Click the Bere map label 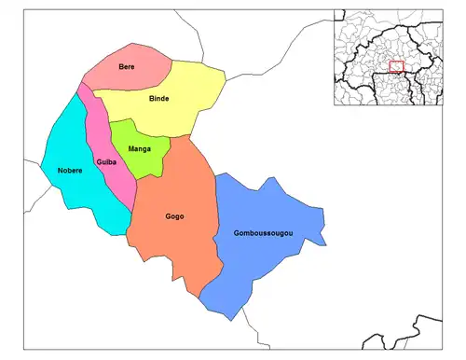pos(126,67)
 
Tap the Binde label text pos(158,98)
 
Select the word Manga pos(140,148)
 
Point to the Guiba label pos(106,162)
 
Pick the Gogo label pos(174,216)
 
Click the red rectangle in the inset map pos(396,66)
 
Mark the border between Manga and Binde pos(140,122)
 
